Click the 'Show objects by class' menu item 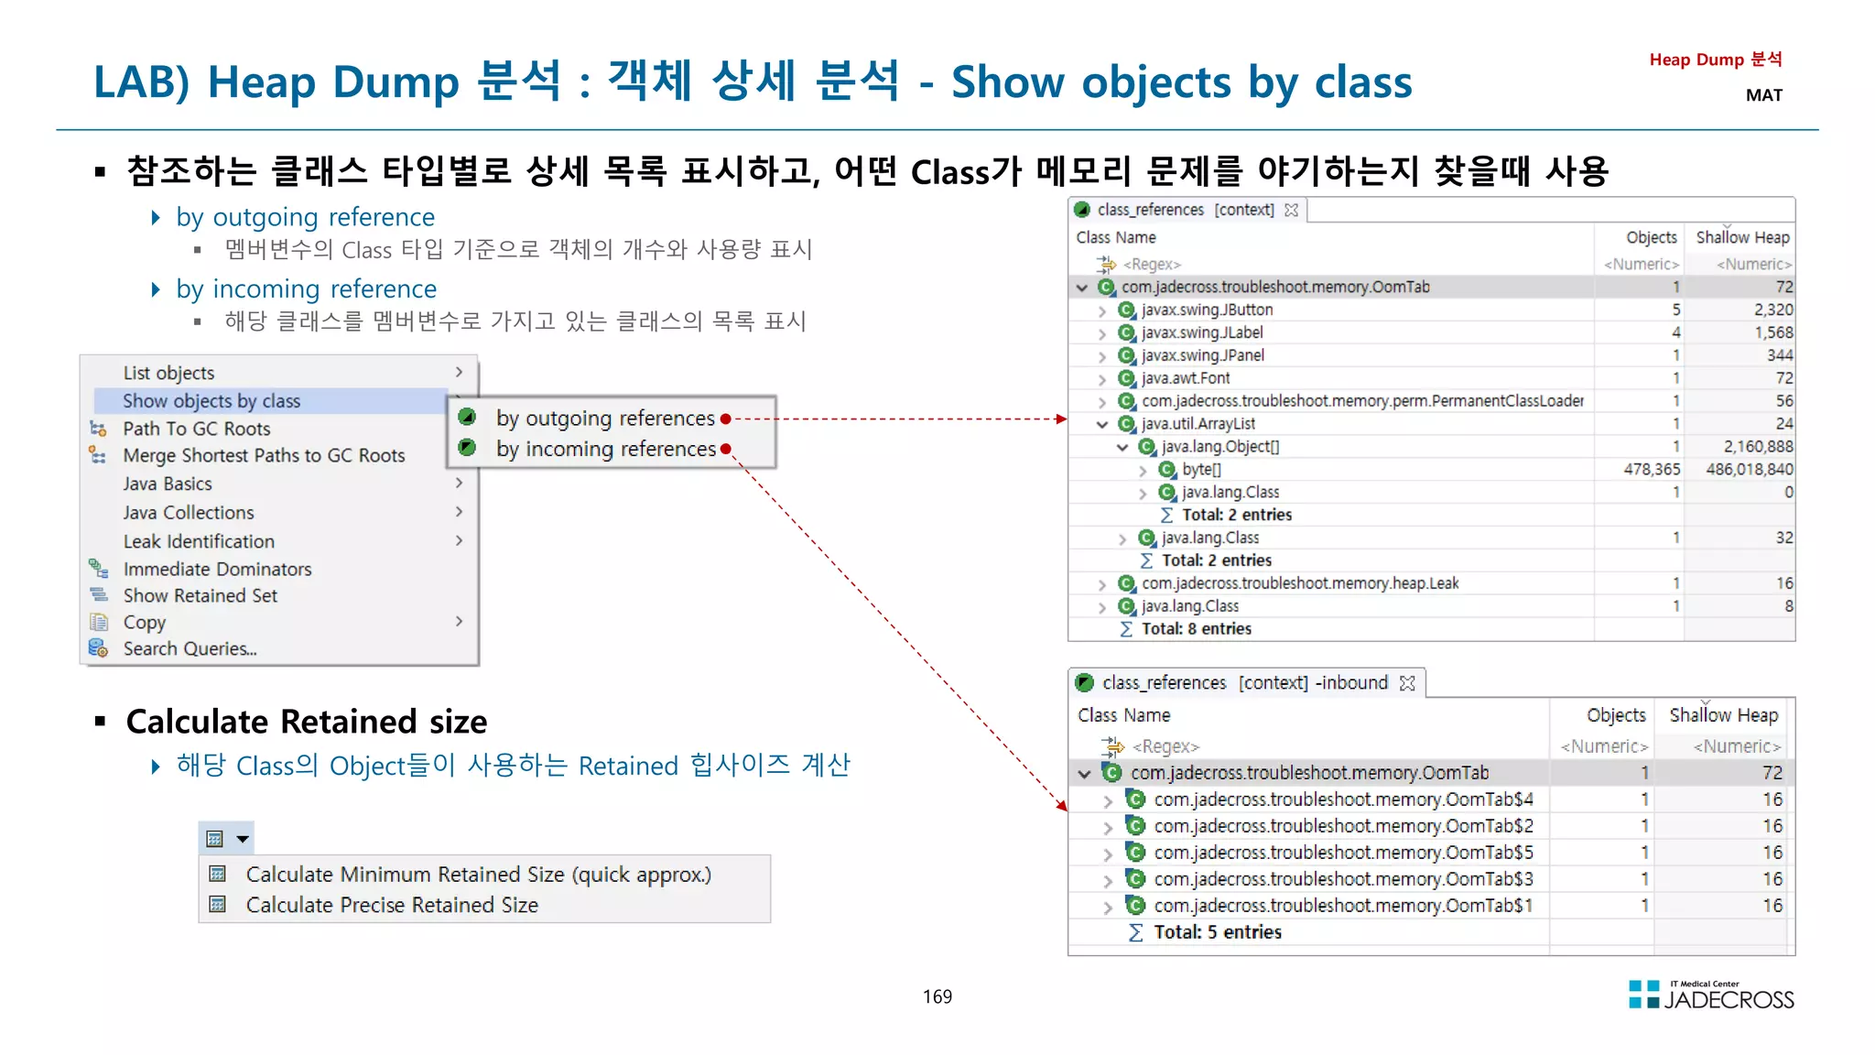(211, 401)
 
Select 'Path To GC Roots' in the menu (197, 429)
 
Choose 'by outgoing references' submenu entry (605, 419)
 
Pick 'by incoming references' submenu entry (606, 449)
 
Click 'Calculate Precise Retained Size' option (392, 905)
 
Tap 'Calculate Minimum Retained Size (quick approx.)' (478, 875)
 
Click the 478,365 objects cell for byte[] (1651, 469)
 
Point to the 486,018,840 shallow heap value (1749, 469)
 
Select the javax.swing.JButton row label (1207, 310)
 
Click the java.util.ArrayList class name (1198, 424)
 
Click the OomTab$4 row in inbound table (1343, 799)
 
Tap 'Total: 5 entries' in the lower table (1217, 932)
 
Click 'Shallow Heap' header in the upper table (1741, 237)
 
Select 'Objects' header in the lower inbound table (1615, 715)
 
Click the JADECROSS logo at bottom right (1711, 995)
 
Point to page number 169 (937, 996)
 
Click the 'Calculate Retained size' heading (307, 722)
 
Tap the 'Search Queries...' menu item (190, 648)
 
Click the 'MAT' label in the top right (1763, 95)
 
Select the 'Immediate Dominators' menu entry (217, 569)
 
